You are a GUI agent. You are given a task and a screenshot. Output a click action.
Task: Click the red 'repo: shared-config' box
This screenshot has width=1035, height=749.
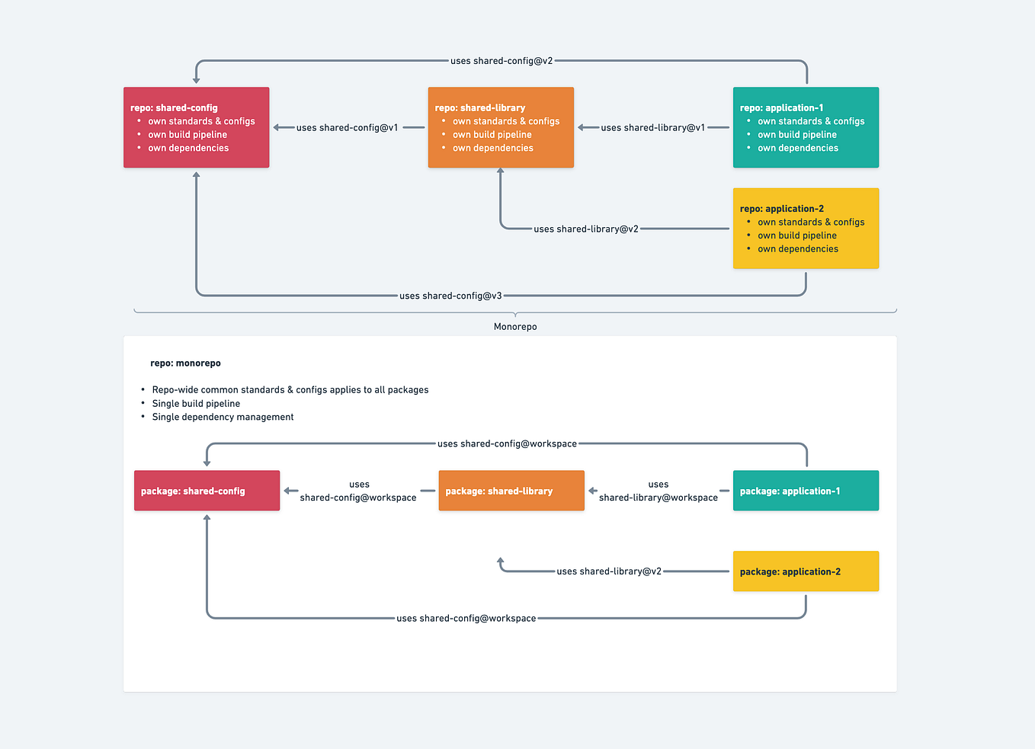[196, 127]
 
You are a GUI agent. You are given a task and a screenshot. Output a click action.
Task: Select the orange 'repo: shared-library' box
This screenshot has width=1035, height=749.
[501, 127]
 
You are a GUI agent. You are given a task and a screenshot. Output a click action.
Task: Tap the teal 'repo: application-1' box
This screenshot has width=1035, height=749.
[806, 127]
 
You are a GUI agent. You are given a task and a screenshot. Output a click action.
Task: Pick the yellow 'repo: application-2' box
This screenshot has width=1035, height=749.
[806, 228]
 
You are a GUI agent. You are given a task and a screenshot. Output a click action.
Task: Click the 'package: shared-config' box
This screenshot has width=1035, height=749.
[207, 491]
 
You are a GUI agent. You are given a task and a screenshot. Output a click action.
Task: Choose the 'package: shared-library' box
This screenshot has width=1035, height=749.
[511, 491]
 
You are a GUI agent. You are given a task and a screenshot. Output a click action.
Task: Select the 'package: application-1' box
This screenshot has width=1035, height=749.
[806, 491]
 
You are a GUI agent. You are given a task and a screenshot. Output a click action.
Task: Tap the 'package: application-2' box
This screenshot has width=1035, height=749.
[806, 571]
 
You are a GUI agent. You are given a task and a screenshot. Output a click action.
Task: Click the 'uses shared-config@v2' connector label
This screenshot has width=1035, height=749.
[501, 61]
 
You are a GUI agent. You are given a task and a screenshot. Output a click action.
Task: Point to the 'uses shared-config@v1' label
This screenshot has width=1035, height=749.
[347, 128]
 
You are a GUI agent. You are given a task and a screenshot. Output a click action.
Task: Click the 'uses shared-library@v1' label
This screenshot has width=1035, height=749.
[652, 128]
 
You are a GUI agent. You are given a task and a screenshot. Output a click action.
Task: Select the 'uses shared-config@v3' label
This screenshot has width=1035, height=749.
[450, 296]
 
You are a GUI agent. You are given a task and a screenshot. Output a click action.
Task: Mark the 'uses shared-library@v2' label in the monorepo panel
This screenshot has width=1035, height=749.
[609, 571]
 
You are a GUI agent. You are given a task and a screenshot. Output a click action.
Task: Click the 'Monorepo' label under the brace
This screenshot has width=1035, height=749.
[515, 327]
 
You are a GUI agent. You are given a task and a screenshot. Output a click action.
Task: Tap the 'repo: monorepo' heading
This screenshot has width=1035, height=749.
[185, 363]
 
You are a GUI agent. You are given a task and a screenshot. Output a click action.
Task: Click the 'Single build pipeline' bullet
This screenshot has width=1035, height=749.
[196, 404]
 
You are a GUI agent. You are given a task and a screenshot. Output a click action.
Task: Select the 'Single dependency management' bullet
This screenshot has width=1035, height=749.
[223, 417]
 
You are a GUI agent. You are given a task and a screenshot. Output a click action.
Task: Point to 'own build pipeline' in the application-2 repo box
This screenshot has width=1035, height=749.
[797, 235]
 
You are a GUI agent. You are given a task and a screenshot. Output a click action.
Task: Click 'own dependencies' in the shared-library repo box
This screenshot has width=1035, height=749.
[493, 149]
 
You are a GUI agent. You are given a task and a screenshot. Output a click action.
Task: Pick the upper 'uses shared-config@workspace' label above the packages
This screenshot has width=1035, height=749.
[507, 443]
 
